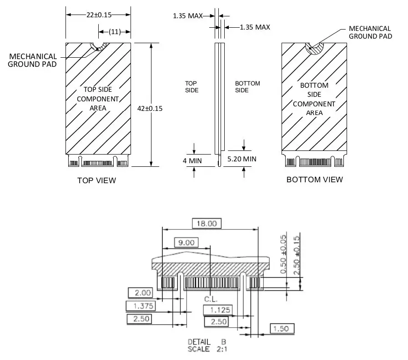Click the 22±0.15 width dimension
coord(99,15)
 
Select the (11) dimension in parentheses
coord(115,31)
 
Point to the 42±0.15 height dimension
coord(150,108)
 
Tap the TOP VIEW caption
coord(96,180)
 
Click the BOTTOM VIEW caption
coord(314,180)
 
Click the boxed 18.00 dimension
coord(207,223)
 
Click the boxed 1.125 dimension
coord(217,310)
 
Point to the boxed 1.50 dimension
coord(282,328)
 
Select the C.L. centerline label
coord(211,300)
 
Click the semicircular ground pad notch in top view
coord(98,46)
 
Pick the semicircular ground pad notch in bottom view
coord(314,47)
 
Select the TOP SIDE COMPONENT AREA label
coord(98,99)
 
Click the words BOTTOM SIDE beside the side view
coord(247,87)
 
